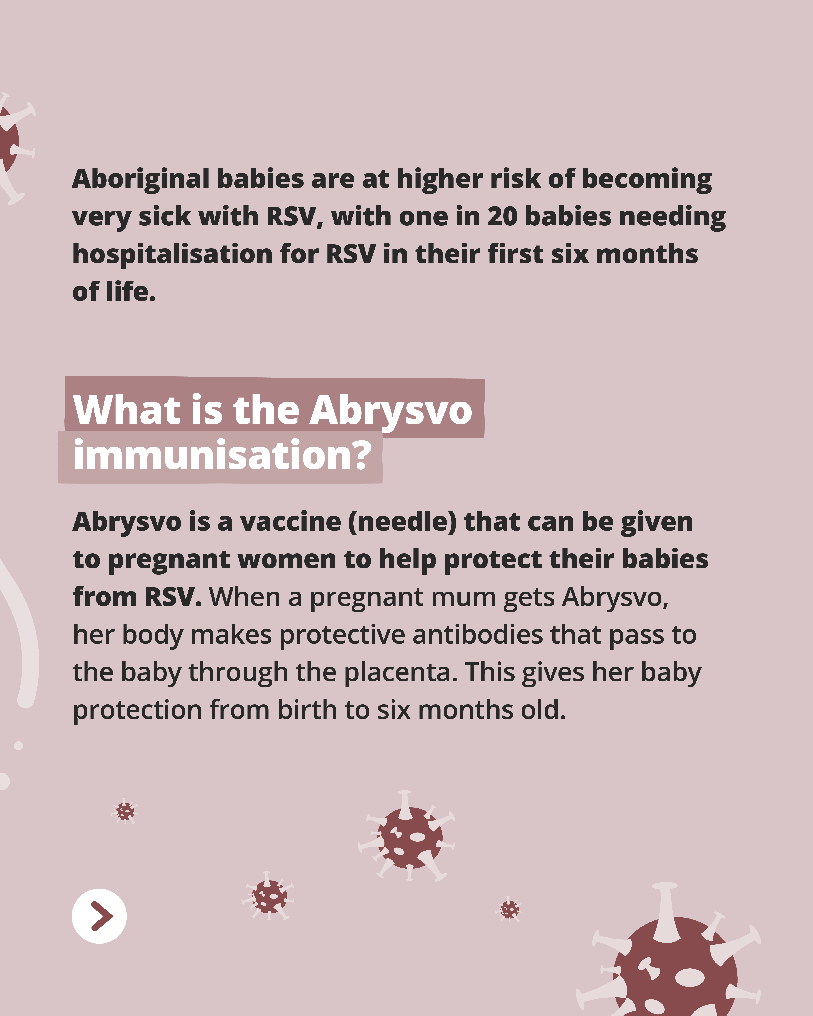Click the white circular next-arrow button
point(99,916)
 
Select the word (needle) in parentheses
point(403,522)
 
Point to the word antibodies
point(478,635)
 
